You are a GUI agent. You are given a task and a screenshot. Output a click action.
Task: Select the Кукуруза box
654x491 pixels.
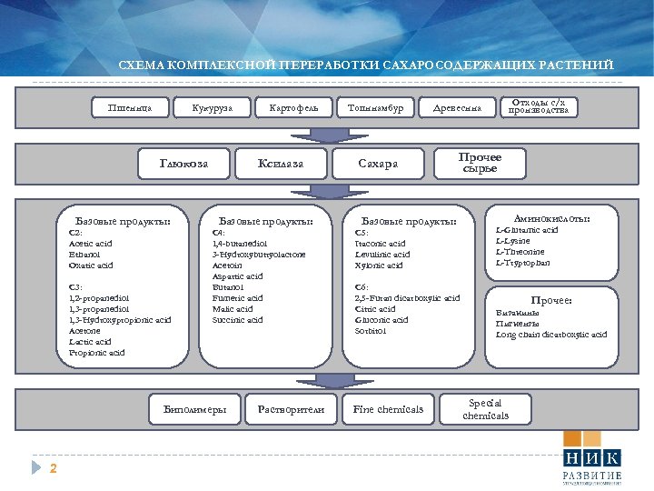[x=211, y=109]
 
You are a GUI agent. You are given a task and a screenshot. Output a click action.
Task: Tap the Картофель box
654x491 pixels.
[x=293, y=109]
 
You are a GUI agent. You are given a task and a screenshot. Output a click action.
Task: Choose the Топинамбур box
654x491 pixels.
[x=375, y=109]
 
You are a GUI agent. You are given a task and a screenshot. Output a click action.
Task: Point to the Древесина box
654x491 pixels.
[x=458, y=109]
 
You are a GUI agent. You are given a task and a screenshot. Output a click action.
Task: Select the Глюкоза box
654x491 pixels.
[x=184, y=164]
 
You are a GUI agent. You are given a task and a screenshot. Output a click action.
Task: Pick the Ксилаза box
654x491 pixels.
[x=281, y=164]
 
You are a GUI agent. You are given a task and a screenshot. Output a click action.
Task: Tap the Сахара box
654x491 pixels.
[x=378, y=164]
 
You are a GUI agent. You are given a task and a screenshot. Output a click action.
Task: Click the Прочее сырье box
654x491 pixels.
[x=481, y=163]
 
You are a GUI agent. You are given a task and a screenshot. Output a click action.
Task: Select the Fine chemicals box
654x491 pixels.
[x=388, y=409]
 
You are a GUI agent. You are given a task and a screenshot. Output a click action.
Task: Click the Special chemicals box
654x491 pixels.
[x=485, y=409]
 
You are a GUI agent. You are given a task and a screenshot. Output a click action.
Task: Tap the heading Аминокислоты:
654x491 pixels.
[x=552, y=219]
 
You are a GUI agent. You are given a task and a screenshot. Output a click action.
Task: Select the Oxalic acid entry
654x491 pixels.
[x=91, y=266]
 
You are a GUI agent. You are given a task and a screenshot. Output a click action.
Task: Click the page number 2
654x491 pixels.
[x=54, y=468]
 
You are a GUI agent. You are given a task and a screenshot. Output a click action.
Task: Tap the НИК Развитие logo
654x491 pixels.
[x=591, y=465]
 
